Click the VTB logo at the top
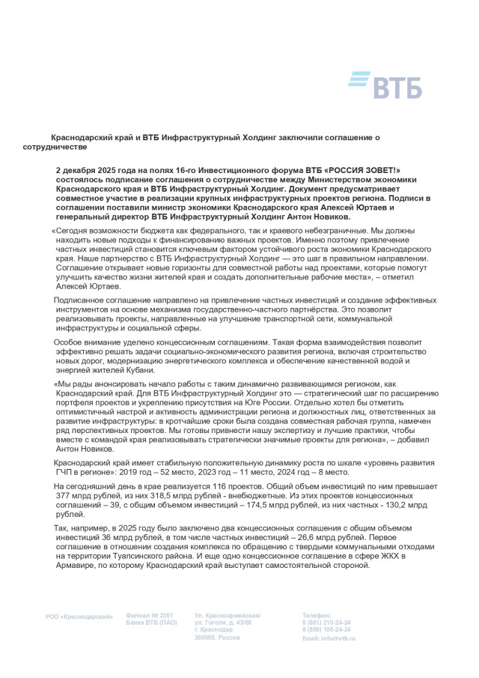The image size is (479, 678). [x=385, y=85]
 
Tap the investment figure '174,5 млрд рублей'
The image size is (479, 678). [x=253, y=506]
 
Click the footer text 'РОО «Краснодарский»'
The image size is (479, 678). [x=79, y=617]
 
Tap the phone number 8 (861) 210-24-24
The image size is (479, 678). [x=326, y=623]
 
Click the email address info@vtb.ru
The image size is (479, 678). [x=339, y=638]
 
